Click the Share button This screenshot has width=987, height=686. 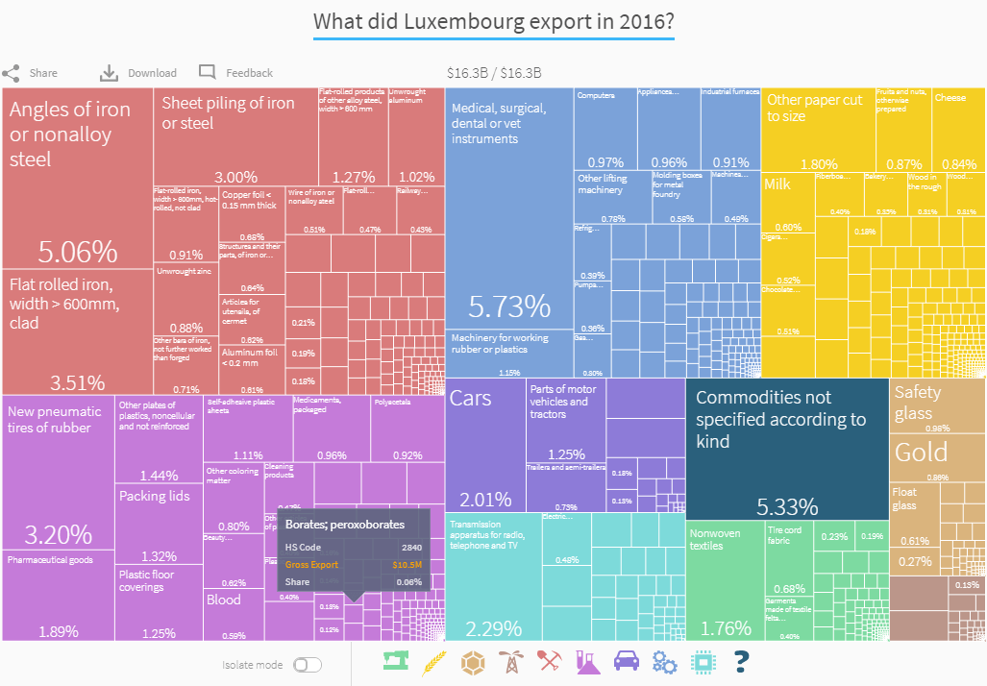(x=30, y=73)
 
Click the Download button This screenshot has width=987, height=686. (x=138, y=73)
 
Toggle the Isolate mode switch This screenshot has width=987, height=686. (x=307, y=665)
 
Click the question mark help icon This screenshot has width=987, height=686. (x=740, y=661)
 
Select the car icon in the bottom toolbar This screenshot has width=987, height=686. (x=625, y=661)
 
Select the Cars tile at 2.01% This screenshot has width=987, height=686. (x=485, y=447)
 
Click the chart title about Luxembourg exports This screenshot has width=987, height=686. (x=493, y=22)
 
